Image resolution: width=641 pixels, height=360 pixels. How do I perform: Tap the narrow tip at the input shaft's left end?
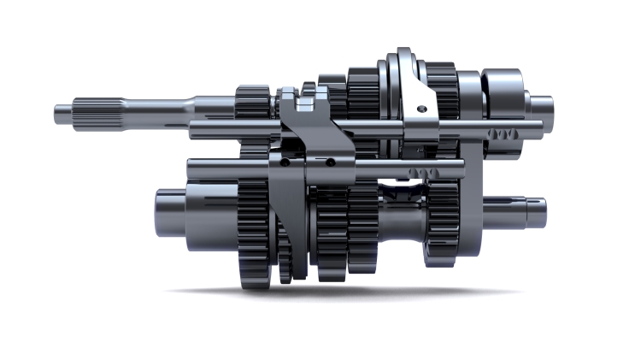[62, 109]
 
